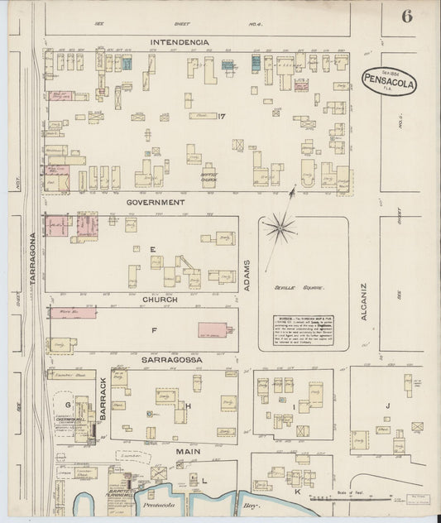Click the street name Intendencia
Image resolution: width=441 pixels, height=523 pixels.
pos(179,41)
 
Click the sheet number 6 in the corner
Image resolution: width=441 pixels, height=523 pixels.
pos(407,17)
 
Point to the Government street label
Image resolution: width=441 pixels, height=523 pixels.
pos(156,201)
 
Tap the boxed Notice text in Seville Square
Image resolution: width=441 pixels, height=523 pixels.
pos(303,329)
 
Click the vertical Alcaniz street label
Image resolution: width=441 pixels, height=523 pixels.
pos(363,301)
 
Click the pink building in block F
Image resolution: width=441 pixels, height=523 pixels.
pos(212,330)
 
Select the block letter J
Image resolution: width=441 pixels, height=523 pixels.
pos(387,405)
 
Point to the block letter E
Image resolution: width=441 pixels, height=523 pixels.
pos(152,248)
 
